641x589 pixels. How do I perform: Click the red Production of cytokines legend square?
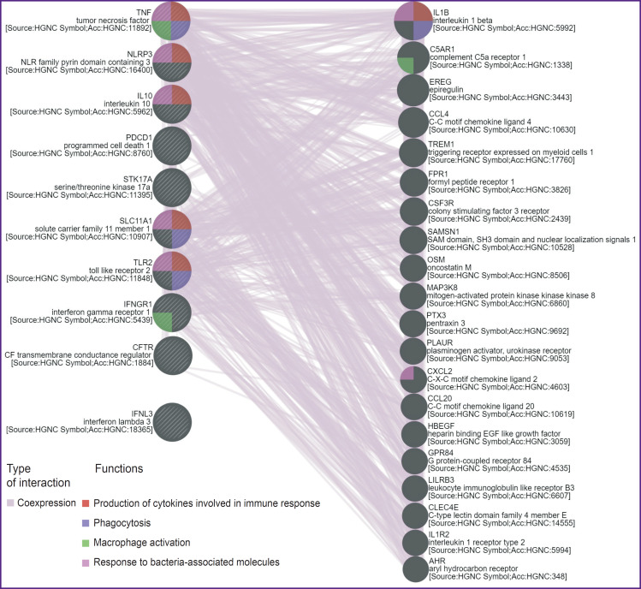click(86, 503)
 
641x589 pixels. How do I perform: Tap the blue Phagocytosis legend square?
click(86, 522)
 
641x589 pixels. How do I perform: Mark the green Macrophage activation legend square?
click(86, 543)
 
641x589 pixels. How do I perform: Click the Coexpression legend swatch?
click(10, 503)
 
